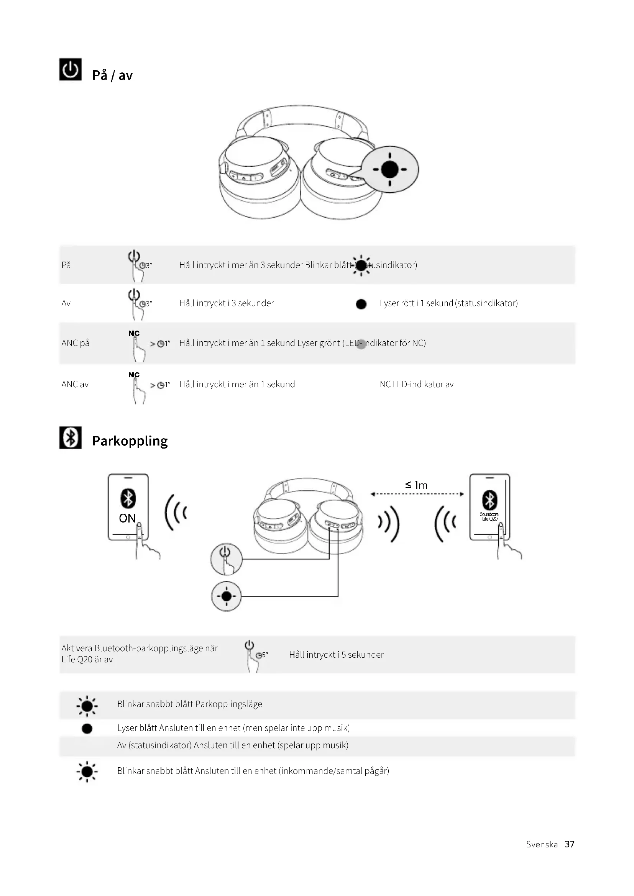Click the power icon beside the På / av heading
(70, 69)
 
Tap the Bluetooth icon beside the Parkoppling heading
(70, 437)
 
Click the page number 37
(569, 844)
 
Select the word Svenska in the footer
(542, 844)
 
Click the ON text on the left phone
(127, 518)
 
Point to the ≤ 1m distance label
(416, 485)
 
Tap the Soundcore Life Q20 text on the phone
(489, 516)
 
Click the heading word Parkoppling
(130, 441)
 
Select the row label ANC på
(76, 343)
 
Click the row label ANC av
(75, 384)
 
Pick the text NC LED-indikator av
(417, 384)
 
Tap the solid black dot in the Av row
(361, 304)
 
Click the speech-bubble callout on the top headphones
(389, 169)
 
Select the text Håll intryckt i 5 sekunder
(336, 654)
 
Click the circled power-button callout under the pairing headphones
(226, 559)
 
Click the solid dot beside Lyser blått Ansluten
(87, 729)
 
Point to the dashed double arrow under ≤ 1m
(417, 494)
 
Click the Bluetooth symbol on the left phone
(128, 498)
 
